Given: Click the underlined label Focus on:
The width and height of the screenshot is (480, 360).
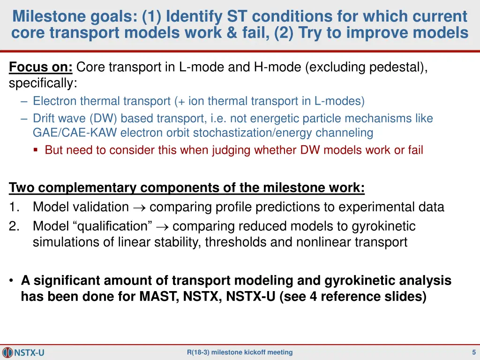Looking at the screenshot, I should (41, 67).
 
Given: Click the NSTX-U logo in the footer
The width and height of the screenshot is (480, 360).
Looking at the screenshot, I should (23, 352).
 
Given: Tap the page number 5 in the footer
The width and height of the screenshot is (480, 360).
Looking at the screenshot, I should (474, 352).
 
